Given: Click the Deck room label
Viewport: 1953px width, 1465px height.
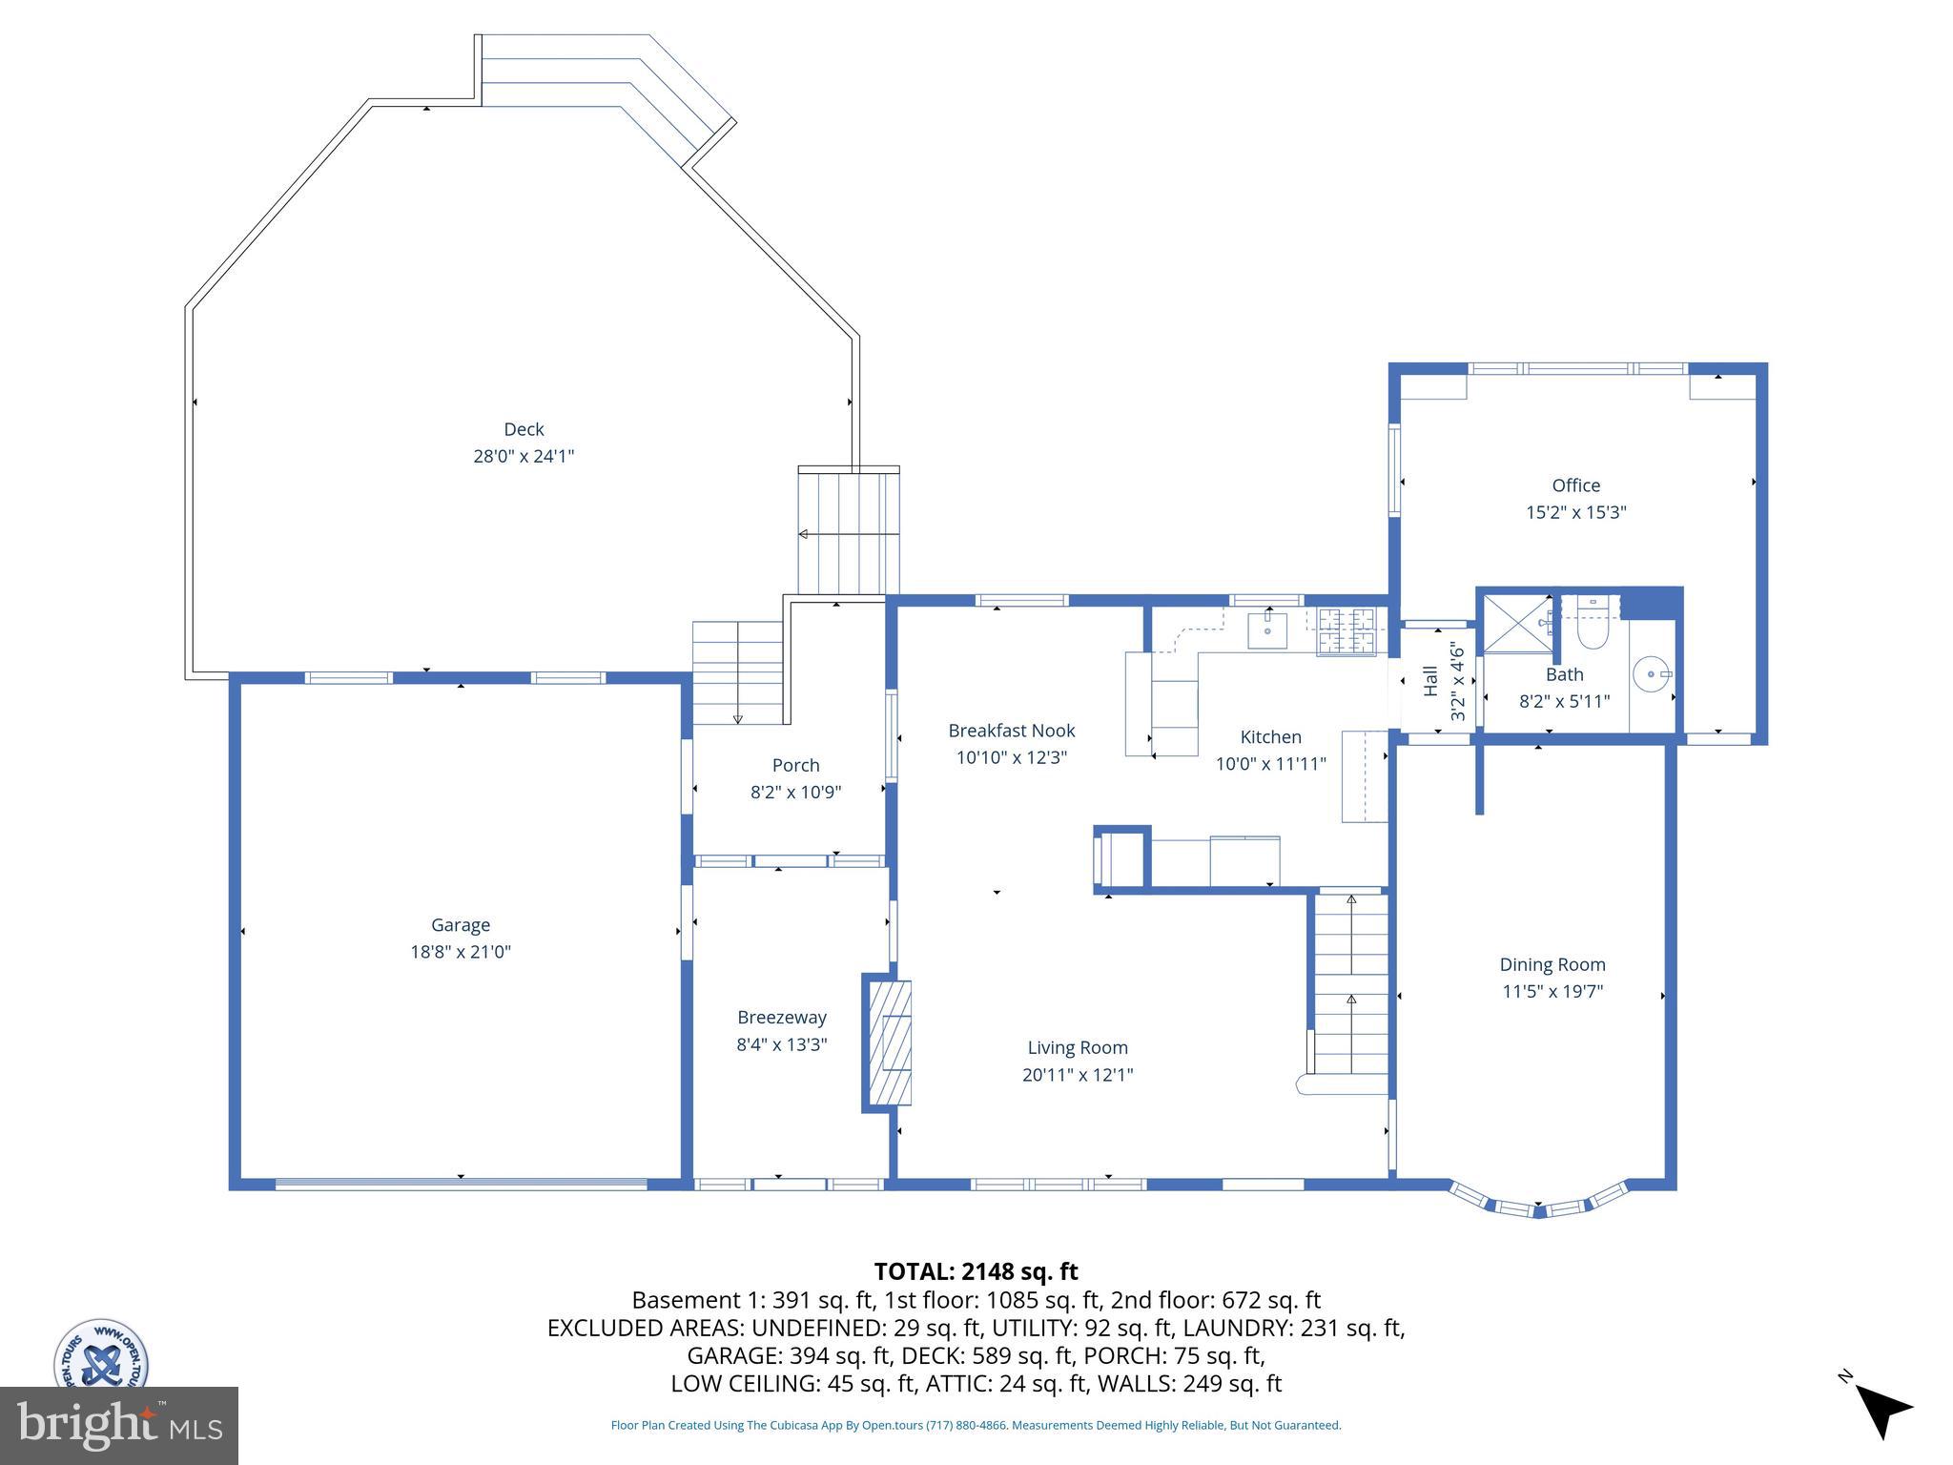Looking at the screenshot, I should click(524, 429).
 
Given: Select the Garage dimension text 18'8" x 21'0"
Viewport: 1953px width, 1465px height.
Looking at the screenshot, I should click(461, 952).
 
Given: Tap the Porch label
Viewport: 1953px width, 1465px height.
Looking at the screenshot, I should click(795, 765).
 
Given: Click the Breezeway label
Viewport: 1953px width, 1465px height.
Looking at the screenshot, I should click(781, 1018).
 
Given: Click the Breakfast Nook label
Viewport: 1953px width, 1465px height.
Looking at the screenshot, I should click(1011, 731).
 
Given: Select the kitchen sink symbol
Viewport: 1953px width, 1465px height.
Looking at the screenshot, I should click(1268, 630).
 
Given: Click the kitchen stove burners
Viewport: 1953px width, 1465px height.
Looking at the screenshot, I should click(1347, 631).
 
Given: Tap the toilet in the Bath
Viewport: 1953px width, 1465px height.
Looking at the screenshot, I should click(1593, 625).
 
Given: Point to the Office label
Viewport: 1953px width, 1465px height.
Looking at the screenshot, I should click(1575, 485).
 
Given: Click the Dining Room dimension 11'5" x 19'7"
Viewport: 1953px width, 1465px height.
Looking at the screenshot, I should click(1552, 991).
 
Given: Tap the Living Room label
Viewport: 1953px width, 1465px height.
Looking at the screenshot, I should click(1078, 1047).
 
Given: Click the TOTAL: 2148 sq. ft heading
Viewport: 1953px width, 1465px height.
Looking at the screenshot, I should click(976, 1271).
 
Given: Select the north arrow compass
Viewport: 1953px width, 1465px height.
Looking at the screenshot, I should click(1881, 1410).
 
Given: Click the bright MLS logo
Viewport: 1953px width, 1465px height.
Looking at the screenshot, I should click(118, 1425).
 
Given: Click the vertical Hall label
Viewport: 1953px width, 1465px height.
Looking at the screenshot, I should click(1429, 680).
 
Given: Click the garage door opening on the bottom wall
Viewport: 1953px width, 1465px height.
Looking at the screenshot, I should click(461, 1184).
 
